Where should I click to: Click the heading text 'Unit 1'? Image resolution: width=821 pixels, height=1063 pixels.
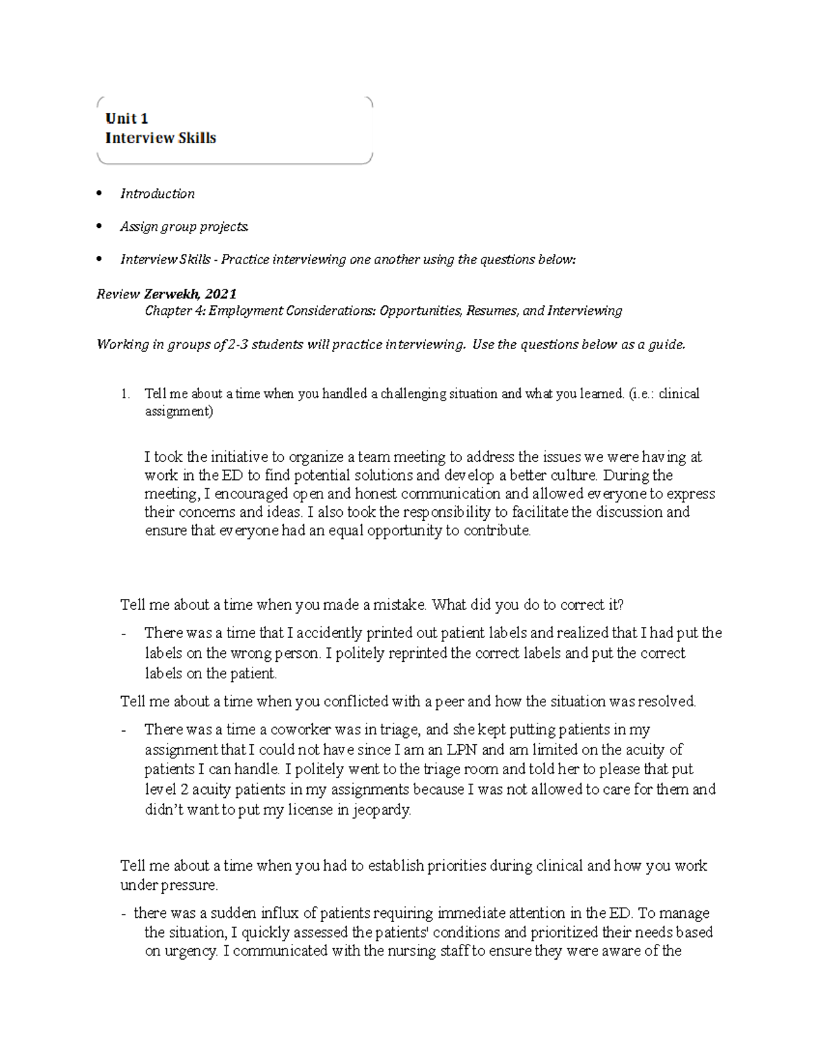[127, 119]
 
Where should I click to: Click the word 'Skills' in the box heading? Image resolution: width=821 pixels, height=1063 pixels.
[197, 138]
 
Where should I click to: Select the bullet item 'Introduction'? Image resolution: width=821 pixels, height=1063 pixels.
[157, 194]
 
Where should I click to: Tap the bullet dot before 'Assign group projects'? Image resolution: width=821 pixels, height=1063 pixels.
[100, 226]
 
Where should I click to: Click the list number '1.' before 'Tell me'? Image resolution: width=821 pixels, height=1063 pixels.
[125, 394]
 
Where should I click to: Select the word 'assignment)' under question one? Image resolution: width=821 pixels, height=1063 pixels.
[179, 412]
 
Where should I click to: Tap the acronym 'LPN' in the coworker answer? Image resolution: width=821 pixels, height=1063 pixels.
[465, 750]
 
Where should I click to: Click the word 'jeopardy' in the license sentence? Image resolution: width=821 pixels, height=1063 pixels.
[383, 810]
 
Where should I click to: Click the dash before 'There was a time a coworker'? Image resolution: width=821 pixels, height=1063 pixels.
[123, 730]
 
